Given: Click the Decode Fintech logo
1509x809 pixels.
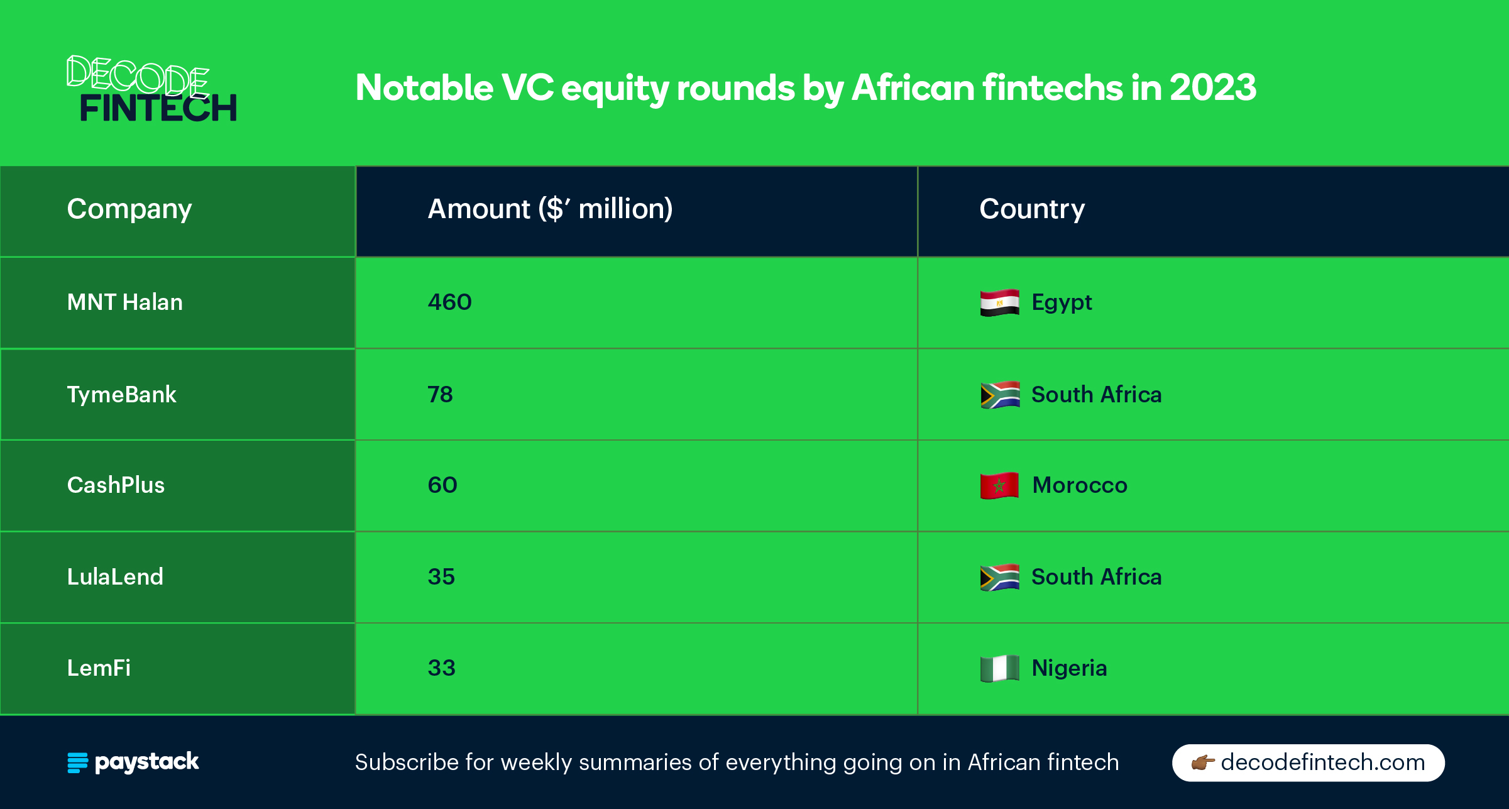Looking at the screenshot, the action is pyautogui.click(x=152, y=88).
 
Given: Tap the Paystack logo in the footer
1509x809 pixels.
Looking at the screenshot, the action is pyautogui.click(x=133, y=762).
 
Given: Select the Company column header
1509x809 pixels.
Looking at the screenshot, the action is pyautogui.click(x=129, y=209).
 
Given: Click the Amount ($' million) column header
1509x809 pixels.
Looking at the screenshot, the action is pyautogui.click(x=550, y=209).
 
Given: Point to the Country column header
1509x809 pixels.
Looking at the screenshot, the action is pyautogui.click(x=1032, y=209).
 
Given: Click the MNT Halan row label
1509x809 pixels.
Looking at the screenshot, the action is pyautogui.click(x=125, y=302).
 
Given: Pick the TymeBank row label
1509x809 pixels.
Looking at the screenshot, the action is pyautogui.click(x=122, y=395).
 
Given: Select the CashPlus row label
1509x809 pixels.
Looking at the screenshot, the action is pyautogui.click(x=116, y=485).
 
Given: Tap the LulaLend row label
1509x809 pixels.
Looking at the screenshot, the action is pyautogui.click(x=115, y=576).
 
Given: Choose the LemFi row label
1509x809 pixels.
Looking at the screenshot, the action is pyautogui.click(x=99, y=668).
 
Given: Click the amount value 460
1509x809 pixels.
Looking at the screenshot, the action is pyautogui.click(x=449, y=302).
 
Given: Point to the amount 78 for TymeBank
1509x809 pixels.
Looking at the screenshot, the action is pyautogui.click(x=440, y=395).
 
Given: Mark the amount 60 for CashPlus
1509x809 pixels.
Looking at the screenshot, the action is pyautogui.click(x=442, y=485).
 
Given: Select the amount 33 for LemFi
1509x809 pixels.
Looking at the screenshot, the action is pyautogui.click(x=441, y=668).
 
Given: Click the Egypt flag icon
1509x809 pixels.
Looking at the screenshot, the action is pyautogui.click(x=999, y=302).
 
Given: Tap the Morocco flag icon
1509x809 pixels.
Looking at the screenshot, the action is pyautogui.click(x=999, y=485).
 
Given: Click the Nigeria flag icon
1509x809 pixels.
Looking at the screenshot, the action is pyautogui.click(x=999, y=668).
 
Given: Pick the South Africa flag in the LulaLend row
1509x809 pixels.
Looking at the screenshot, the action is pyautogui.click(x=999, y=577).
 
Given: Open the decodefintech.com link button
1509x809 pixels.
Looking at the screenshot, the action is pyautogui.click(x=1309, y=762).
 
